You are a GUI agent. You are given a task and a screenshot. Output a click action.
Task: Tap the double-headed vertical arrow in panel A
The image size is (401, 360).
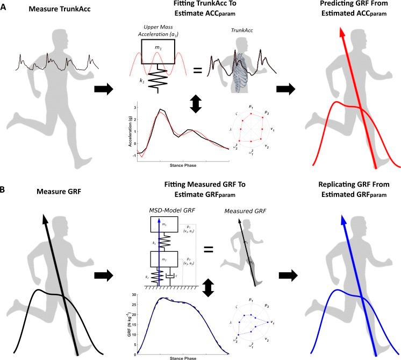coord(195,104)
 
